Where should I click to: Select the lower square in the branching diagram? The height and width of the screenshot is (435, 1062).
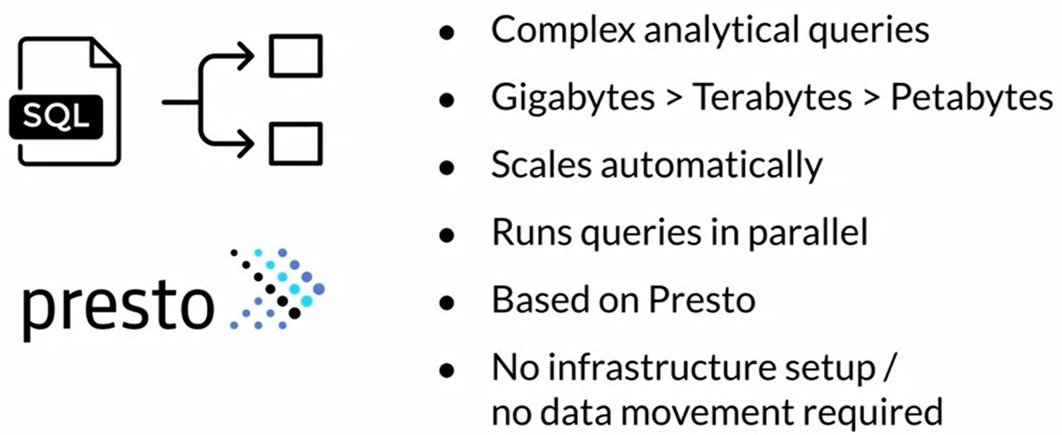[x=296, y=144]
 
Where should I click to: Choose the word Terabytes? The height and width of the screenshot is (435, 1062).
[x=773, y=99]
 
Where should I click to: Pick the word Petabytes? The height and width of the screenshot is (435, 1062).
[x=972, y=99]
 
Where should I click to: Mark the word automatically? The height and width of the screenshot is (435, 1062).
[x=711, y=165]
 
